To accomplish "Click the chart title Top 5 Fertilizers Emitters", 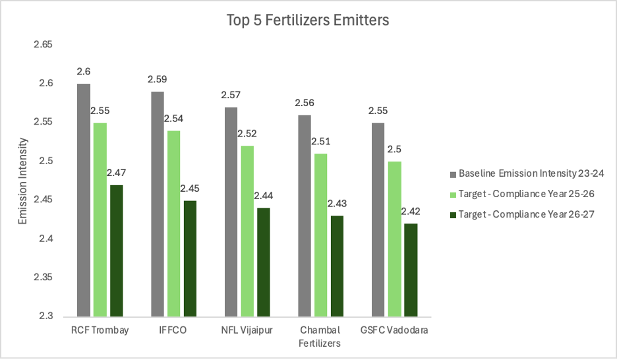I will click(x=308, y=20).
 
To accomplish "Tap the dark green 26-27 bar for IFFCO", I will click(x=190, y=258).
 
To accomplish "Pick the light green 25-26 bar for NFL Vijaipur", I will click(x=247, y=230).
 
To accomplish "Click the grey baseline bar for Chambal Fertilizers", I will click(x=305, y=215).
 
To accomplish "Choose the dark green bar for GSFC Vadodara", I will click(x=411, y=269).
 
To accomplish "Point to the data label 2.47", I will click(x=117, y=173).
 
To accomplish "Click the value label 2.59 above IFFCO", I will click(x=158, y=79).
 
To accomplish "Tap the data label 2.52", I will click(x=247, y=133).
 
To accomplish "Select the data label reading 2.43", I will click(x=337, y=204).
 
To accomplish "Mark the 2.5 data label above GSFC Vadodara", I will click(x=394, y=149).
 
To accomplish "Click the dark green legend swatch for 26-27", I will click(x=452, y=214).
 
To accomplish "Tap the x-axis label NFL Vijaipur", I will click(x=247, y=330).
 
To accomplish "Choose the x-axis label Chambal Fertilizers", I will click(x=320, y=336).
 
